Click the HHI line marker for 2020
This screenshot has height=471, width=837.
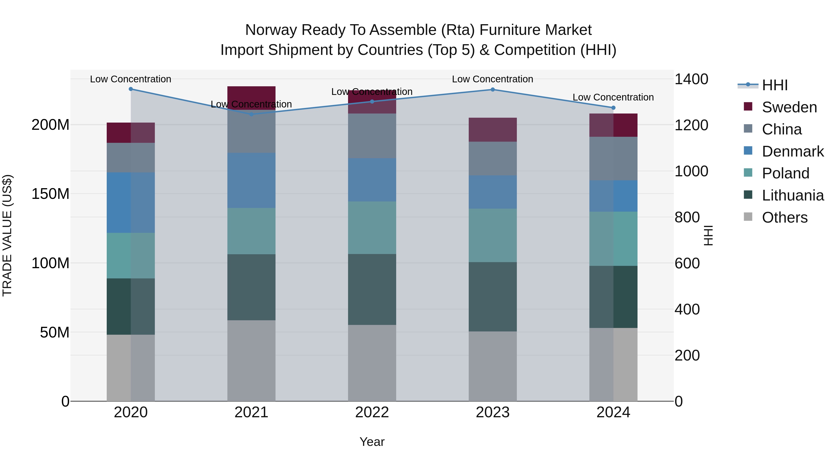[x=131, y=89]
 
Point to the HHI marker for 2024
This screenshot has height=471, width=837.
[x=613, y=108]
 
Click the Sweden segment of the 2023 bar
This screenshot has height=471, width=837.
[x=493, y=130]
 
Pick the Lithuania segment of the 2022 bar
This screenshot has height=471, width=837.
[x=372, y=289]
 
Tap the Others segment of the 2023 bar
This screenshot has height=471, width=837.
[x=493, y=366]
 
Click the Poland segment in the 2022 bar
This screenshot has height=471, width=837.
[x=372, y=227]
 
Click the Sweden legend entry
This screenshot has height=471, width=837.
[x=789, y=107]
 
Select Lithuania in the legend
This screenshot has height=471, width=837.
[x=793, y=195]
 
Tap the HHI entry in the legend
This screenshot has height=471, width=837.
[x=775, y=85]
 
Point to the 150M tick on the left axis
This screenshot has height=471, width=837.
[x=50, y=194]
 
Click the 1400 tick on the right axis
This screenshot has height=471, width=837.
[x=691, y=79]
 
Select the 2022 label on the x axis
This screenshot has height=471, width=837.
[x=372, y=412]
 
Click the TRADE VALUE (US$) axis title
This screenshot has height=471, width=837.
[x=7, y=235]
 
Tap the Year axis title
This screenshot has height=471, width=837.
[x=372, y=442]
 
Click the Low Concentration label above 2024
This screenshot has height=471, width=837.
[x=613, y=97]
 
